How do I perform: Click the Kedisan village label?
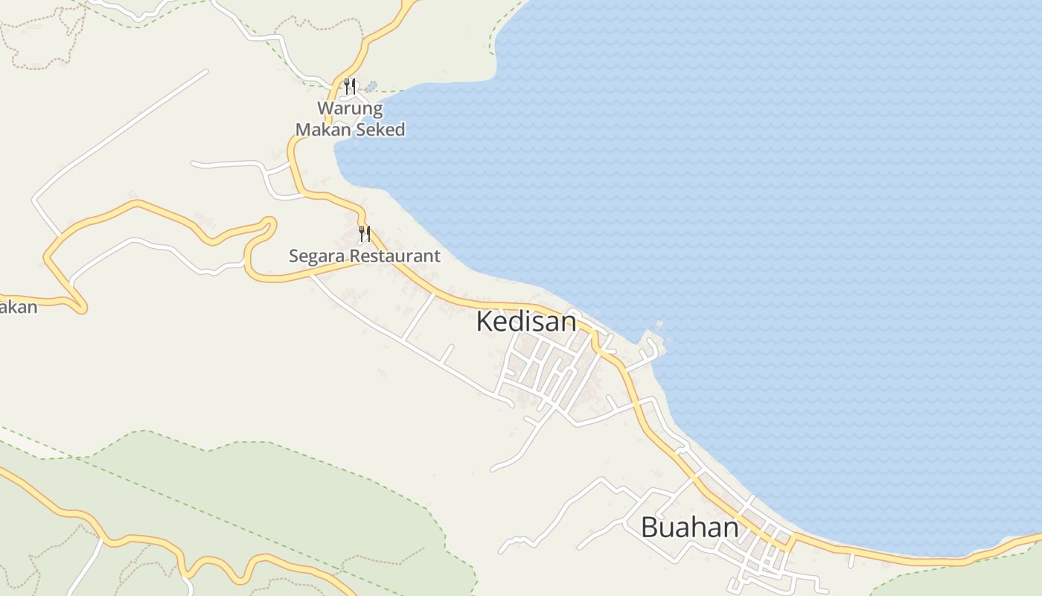(x=525, y=322)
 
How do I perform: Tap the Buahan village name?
(x=689, y=527)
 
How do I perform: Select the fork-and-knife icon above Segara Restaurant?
(x=365, y=234)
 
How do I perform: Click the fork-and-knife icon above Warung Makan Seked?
(x=350, y=86)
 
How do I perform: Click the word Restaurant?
(x=395, y=256)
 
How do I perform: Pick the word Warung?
(x=350, y=109)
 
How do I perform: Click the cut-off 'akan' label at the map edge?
(x=18, y=307)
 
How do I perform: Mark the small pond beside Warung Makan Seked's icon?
(x=371, y=86)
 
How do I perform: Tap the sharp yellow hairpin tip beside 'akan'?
(x=80, y=306)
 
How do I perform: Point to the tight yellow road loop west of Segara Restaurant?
(x=269, y=223)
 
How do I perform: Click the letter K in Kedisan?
(x=484, y=322)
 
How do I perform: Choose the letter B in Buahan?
(x=650, y=527)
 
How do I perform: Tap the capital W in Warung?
(x=326, y=109)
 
